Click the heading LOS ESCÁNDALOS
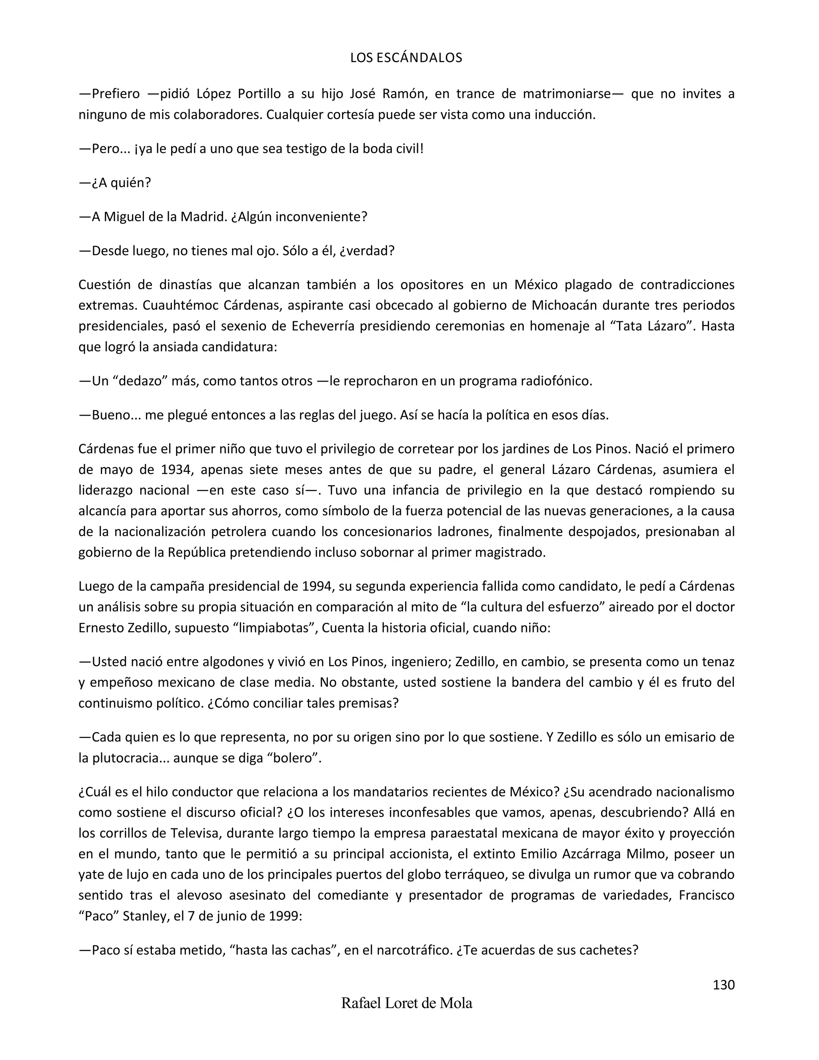point(406,58)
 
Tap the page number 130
point(723,985)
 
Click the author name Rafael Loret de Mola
point(407,1003)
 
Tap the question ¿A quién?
point(116,183)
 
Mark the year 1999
point(282,916)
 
